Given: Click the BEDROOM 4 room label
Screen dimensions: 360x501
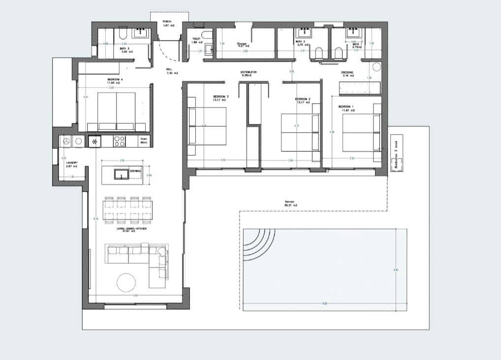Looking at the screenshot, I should click(x=115, y=80).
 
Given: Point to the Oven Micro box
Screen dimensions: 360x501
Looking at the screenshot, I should click(x=144, y=141).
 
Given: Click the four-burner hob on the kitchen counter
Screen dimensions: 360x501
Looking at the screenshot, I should click(x=119, y=141).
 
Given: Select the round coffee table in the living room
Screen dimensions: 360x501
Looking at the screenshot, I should click(x=126, y=282).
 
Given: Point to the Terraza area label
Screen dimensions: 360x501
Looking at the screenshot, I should click(x=291, y=203).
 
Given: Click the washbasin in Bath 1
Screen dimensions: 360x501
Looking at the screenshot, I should click(x=353, y=33).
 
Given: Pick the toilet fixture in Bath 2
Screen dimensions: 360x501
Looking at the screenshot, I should click(x=319, y=53).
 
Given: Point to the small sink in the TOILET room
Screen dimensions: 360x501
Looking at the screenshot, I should click(x=208, y=48).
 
